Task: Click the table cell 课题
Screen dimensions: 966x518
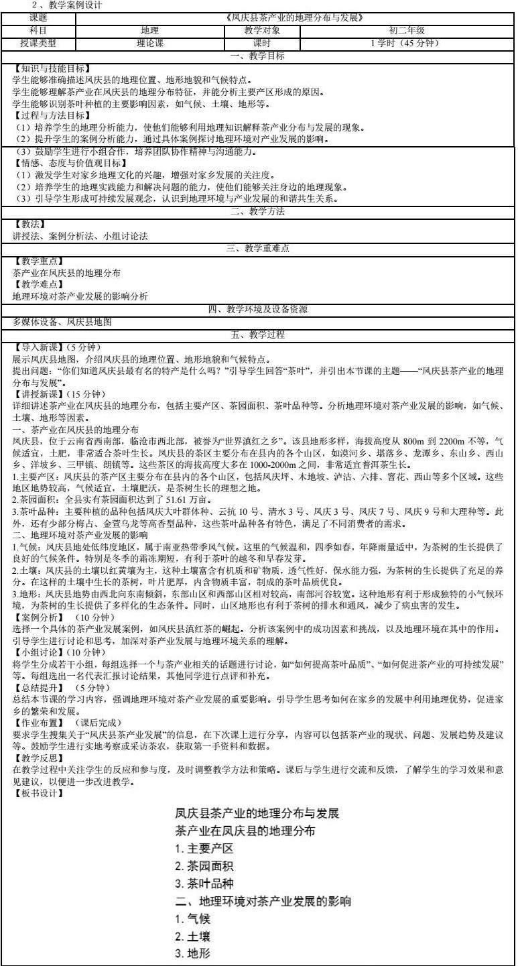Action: point(39,18)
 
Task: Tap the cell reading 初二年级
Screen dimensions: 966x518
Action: point(407,30)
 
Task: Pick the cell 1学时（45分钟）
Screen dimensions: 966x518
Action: point(407,43)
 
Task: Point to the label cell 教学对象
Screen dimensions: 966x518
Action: point(262,30)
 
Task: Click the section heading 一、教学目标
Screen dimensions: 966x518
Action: point(258,56)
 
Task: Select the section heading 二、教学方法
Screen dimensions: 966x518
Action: point(258,212)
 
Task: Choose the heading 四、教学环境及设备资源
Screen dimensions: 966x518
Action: point(258,309)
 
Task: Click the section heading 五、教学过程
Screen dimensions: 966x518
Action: point(258,334)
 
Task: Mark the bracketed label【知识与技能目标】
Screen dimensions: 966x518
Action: point(52,68)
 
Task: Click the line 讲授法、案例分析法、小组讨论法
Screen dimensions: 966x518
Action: point(80,236)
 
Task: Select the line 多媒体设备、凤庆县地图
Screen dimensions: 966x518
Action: point(62,322)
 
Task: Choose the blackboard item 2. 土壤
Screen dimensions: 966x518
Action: point(195,936)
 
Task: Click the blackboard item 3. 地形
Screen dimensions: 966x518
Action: point(195,953)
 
